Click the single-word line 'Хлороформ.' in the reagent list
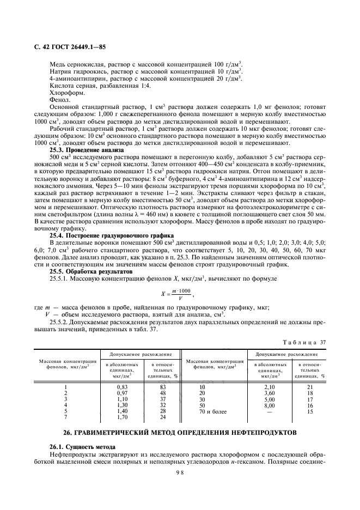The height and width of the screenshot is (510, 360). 66,93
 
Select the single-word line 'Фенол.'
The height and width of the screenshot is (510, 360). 59,100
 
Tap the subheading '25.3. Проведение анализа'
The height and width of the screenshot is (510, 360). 87,150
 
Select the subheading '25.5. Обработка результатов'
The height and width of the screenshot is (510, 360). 90,271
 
